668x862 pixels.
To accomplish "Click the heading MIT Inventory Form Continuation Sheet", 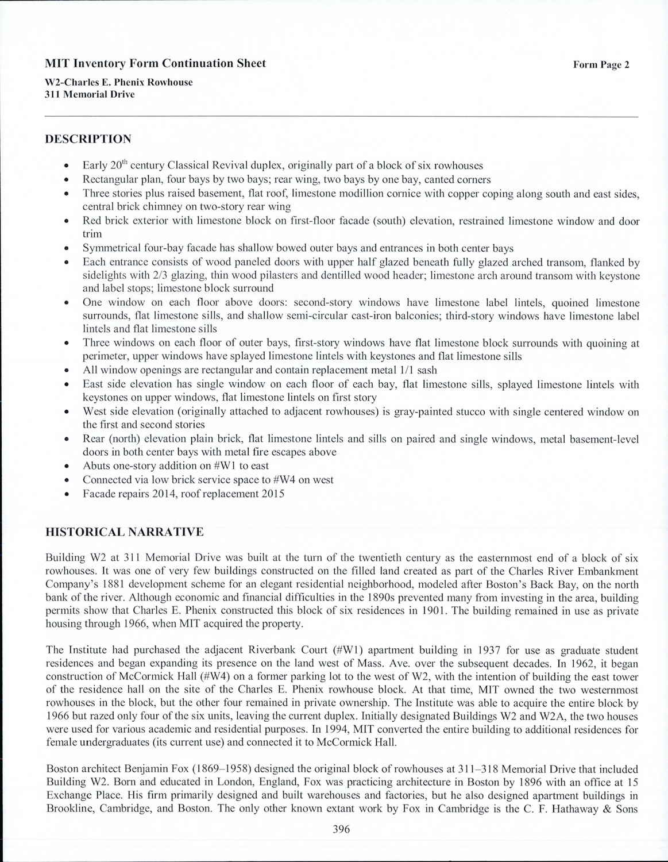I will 155,64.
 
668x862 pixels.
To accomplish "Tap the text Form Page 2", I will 601,64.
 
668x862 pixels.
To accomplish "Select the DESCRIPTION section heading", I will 88,139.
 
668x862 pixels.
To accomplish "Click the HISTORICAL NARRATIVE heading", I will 124,532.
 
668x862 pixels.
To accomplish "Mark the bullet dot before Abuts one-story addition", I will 68,466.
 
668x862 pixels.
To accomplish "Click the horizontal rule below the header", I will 341,117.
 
